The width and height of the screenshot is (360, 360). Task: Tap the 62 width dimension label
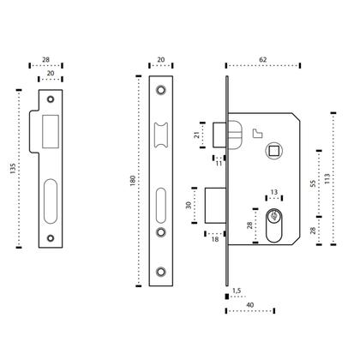click(262, 57)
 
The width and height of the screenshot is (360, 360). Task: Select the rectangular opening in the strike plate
click(49, 127)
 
